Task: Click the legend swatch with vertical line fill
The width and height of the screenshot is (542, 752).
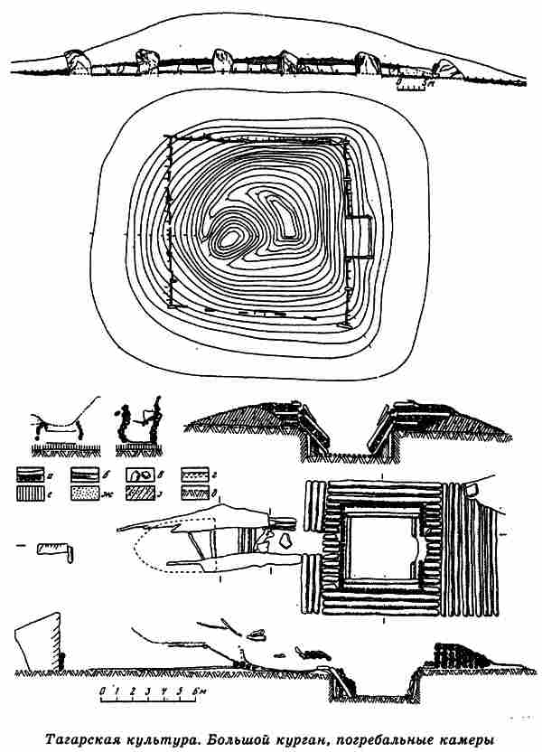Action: (x=33, y=493)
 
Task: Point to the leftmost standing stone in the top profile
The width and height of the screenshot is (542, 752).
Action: (x=78, y=62)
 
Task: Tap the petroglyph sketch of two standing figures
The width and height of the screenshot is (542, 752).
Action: (x=140, y=423)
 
